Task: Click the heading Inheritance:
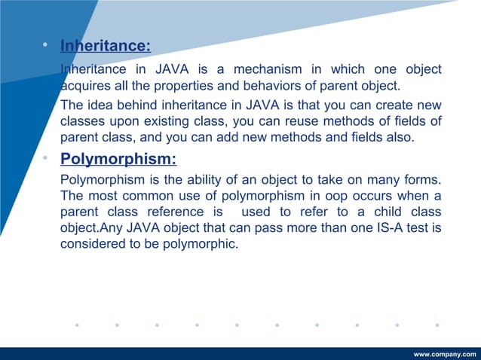tap(105, 47)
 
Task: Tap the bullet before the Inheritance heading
tap(46, 47)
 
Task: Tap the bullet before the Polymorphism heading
tap(46, 159)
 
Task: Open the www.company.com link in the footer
tap(446, 354)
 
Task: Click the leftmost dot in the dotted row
tap(76, 326)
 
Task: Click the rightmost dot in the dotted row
tap(437, 326)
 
